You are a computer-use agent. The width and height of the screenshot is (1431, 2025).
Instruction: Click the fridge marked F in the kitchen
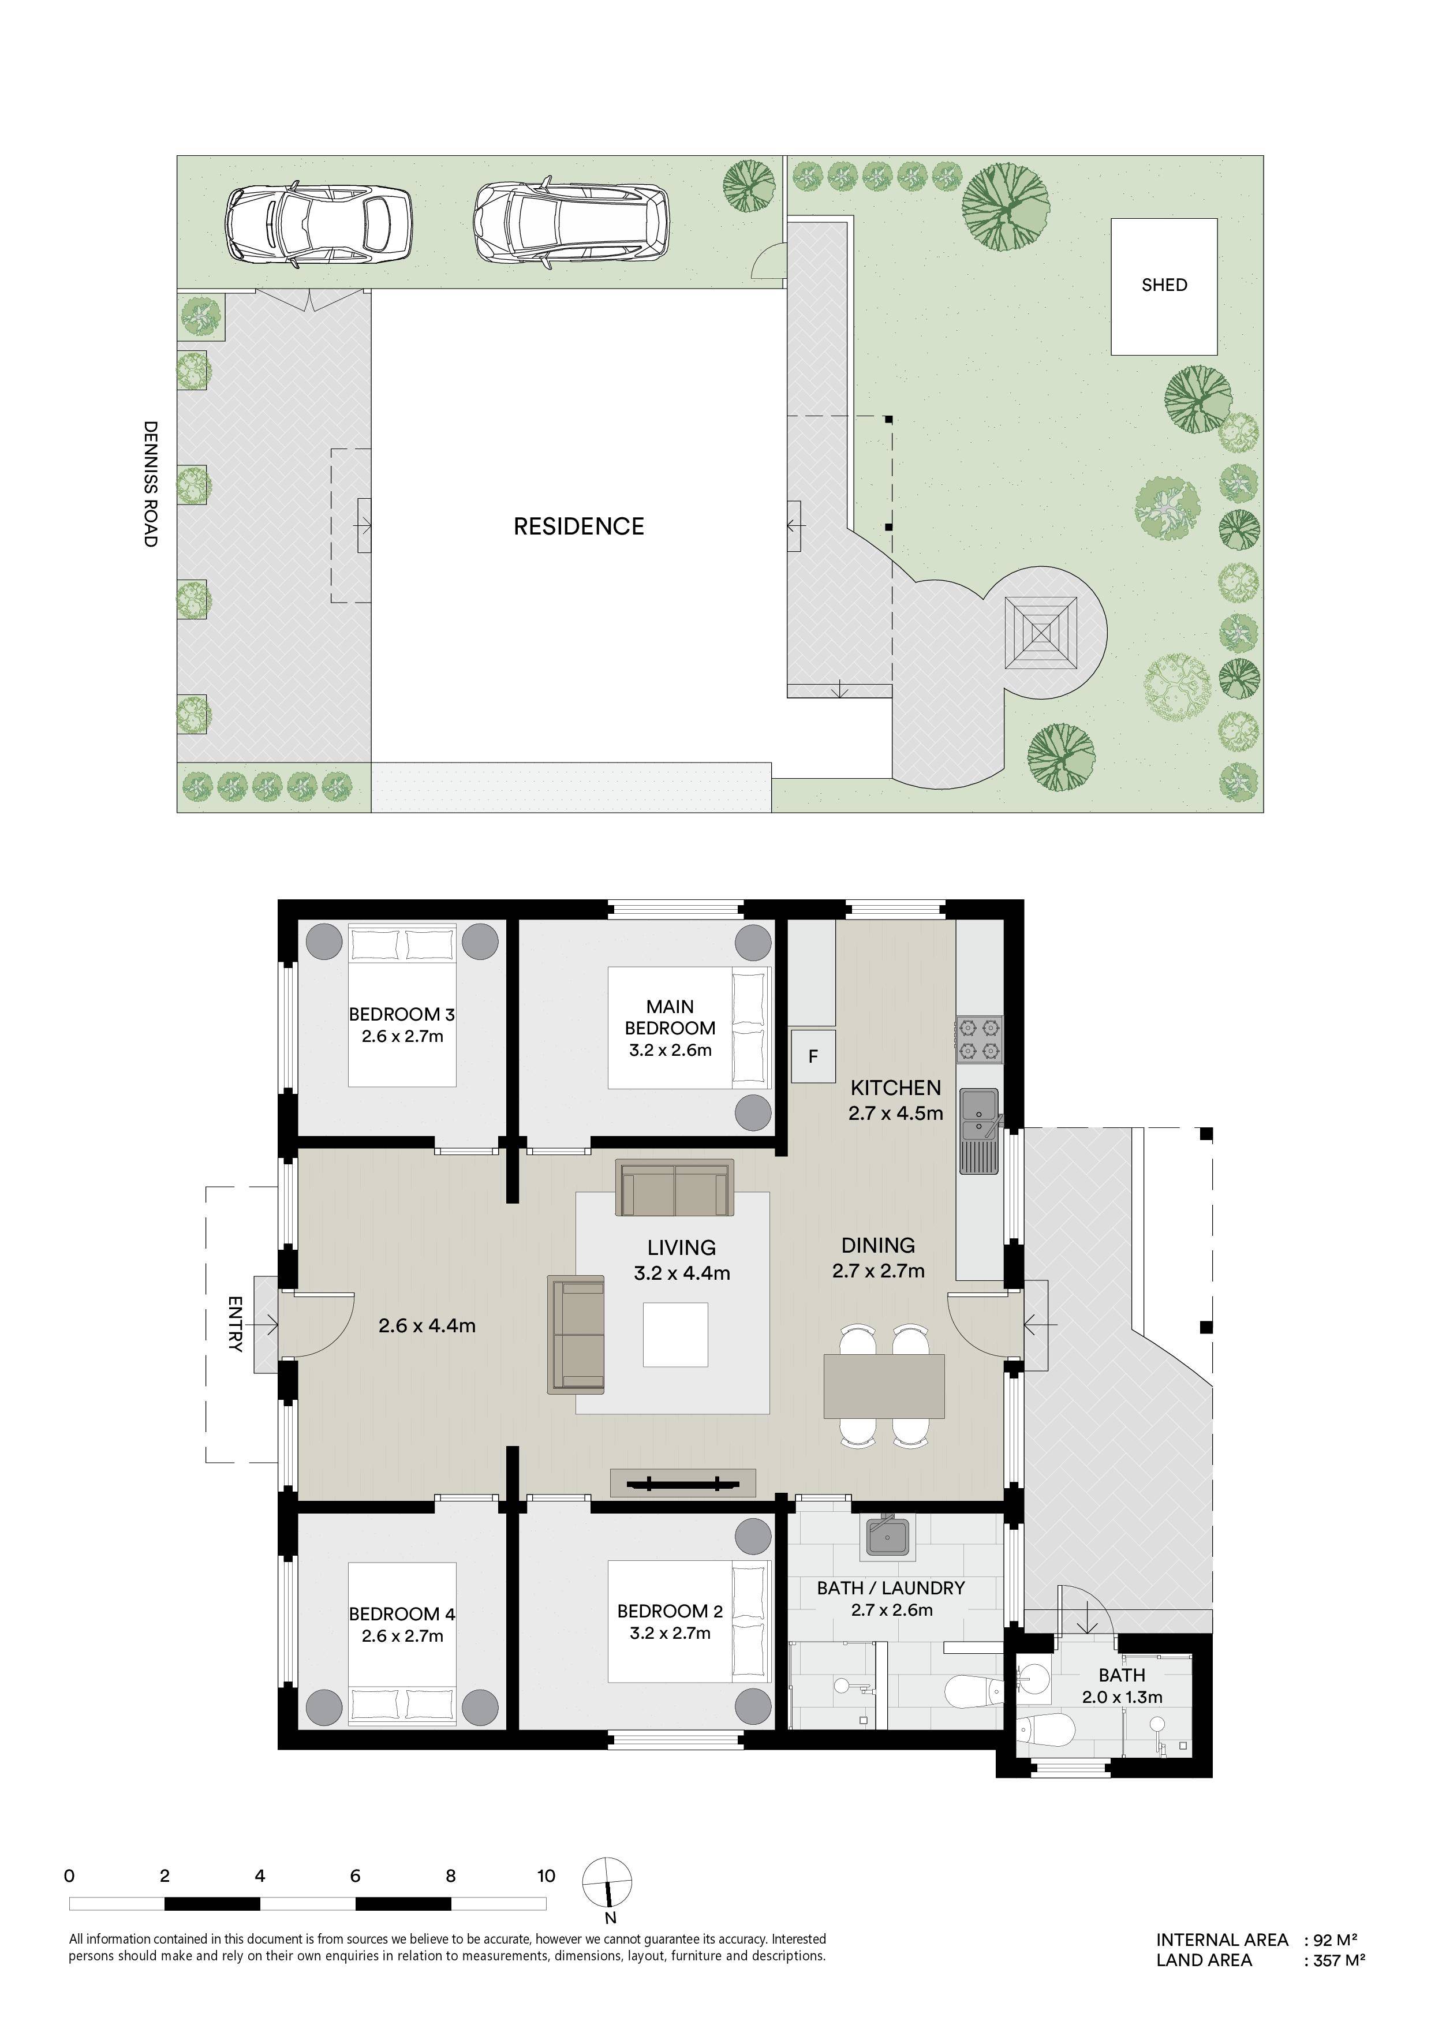tap(813, 1056)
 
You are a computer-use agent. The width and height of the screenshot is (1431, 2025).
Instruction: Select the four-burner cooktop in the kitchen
tap(980, 1039)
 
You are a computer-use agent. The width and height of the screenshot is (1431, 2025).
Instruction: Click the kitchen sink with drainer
tap(980, 1131)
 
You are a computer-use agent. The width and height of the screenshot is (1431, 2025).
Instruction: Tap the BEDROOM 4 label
tap(402, 1614)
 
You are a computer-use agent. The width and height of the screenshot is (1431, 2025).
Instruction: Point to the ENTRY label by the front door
tap(234, 1324)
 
